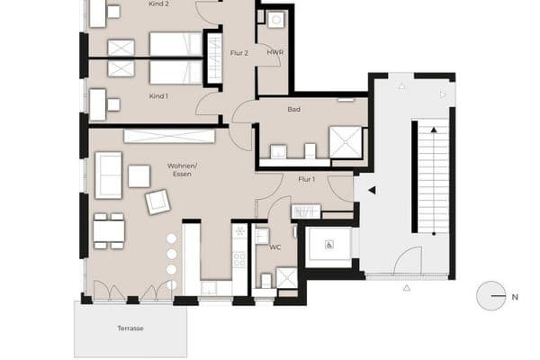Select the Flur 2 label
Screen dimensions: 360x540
pos(238,53)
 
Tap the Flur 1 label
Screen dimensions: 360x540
pos(306,179)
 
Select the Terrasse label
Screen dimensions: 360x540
pos(130,328)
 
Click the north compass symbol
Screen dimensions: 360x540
pos(491,295)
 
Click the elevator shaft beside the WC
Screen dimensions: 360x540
pos(328,245)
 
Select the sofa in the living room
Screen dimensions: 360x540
pos(109,175)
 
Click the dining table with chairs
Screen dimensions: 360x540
pos(109,231)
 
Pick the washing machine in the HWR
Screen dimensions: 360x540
pos(275,20)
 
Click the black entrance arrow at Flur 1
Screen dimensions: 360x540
pos(371,190)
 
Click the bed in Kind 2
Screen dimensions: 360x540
pos(175,43)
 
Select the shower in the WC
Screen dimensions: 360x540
pos(286,278)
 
